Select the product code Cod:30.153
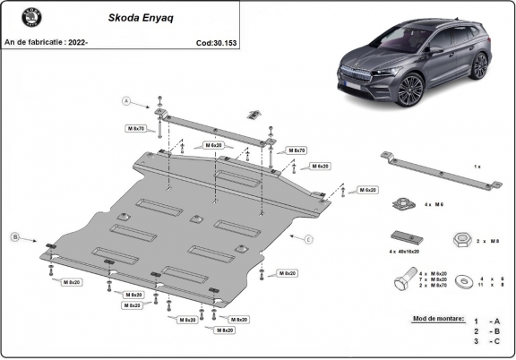point(216,41)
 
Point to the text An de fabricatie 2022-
point(47,41)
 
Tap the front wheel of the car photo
point(412,89)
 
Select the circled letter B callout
point(14,237)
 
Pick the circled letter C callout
point(307,239)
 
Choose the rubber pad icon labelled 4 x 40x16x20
point(404,237)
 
